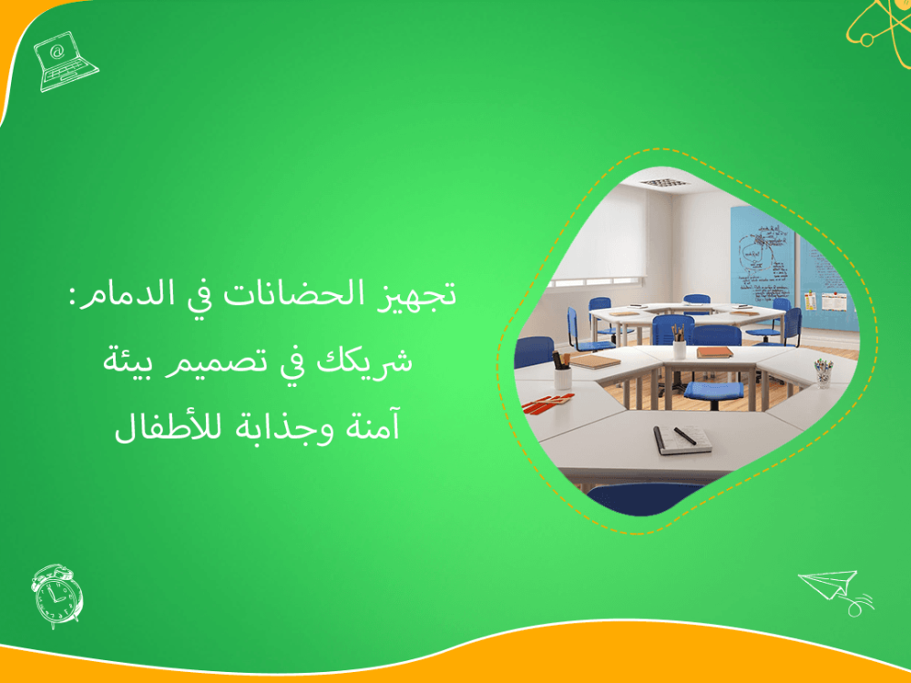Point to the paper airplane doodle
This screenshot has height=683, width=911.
(x=834, y=589)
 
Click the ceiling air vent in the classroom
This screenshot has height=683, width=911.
(x=661, y=182)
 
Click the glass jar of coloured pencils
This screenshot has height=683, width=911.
(x=824, y=372)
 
